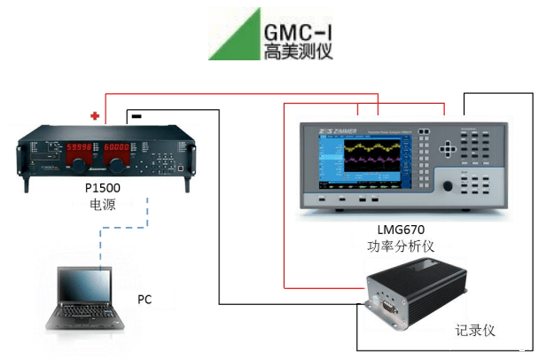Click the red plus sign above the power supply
pos(95,115)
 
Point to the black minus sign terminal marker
pos(136,115)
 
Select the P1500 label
pos(103,189)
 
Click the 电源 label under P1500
pos(104,205)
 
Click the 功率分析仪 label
pos(403,246)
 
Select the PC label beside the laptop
pos(144,299)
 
